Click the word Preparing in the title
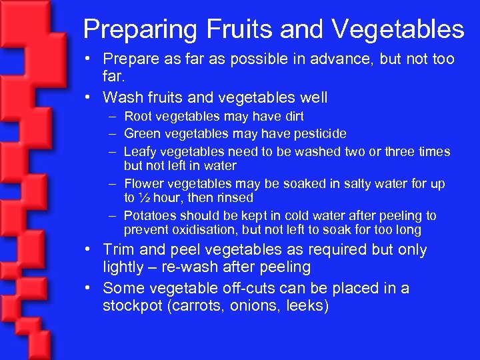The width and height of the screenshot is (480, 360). [136, 29]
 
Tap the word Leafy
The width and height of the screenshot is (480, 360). [141, 152]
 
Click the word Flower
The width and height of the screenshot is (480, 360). [145, 183]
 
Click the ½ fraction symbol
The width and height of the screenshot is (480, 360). [144, 198]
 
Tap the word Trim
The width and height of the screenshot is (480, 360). [119, 250]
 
